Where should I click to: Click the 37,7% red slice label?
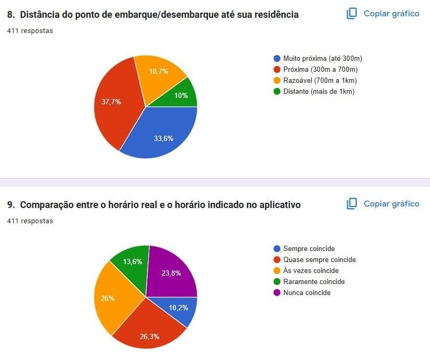pyautogui.click(x=111, y=102)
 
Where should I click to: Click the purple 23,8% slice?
pyautogui.click(x=171, y=272)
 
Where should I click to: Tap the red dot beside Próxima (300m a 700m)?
pyautogui.click(x=277, y=70)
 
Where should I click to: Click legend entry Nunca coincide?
pyautogui.click(x=306, y=293)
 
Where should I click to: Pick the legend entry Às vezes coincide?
pyautogui.click(x=311, y=271)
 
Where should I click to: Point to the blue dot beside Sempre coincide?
pyautogui.click(x=277, y=249)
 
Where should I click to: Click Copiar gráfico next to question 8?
pyautogui.click(x=391, y=14)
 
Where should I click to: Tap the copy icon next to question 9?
pyautogui.click(x=352, y=203)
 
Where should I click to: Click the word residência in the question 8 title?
pyautogui.click(x=275, y=15)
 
